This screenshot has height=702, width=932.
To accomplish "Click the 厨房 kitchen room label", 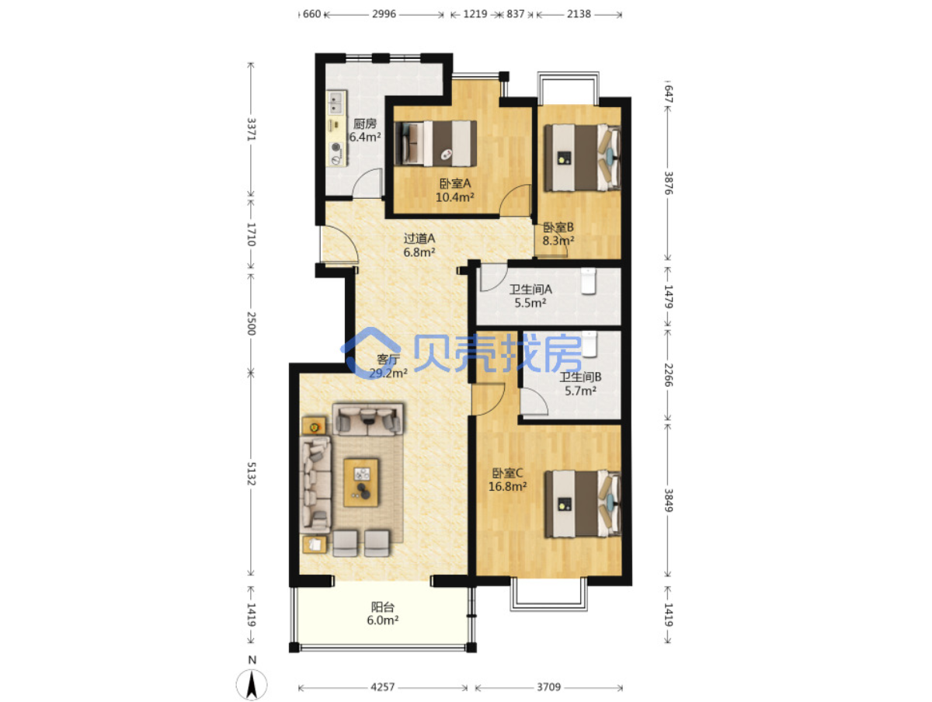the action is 364,123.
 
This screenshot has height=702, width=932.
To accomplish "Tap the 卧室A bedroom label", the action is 455,183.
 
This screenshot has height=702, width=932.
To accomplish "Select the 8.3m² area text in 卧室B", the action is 558,241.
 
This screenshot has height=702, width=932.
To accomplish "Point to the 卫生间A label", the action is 530,290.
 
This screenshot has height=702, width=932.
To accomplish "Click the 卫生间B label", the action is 580,377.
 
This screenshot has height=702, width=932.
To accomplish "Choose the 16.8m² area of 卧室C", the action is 507,486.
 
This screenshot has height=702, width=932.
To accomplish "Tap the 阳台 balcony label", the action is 383,607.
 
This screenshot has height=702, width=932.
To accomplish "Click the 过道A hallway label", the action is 419,238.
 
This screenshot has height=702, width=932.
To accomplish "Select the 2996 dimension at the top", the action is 384,15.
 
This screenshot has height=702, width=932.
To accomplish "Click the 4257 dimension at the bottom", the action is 383,686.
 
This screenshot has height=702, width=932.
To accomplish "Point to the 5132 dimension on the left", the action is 252,474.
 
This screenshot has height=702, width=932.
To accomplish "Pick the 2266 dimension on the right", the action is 668,375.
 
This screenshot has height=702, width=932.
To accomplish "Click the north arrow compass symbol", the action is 252,684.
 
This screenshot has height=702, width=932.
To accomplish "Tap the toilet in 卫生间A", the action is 588,281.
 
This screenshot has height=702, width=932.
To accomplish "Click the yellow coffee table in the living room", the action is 361,482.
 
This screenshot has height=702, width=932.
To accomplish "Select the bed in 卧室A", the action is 436,144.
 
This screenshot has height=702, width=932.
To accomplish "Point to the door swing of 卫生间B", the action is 534,401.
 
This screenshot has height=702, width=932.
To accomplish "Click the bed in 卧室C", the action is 582,503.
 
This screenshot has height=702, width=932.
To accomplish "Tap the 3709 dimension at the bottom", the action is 548,686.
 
